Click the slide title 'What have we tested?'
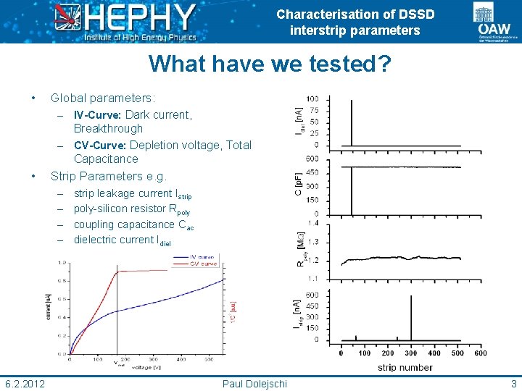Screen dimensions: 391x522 [270, 64]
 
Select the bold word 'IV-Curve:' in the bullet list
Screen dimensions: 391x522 [99, 114]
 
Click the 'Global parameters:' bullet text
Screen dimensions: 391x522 [102, 98]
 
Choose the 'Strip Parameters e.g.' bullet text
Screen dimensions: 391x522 [108, 176]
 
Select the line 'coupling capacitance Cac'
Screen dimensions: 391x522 [133, 224]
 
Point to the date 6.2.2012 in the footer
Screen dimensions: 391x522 [25, 383]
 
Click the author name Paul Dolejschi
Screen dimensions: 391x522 [254, 383]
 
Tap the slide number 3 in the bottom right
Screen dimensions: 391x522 [513, 383]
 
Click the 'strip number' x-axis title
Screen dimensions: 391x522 [405, 367]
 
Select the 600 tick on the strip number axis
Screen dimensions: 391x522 [480, 353]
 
